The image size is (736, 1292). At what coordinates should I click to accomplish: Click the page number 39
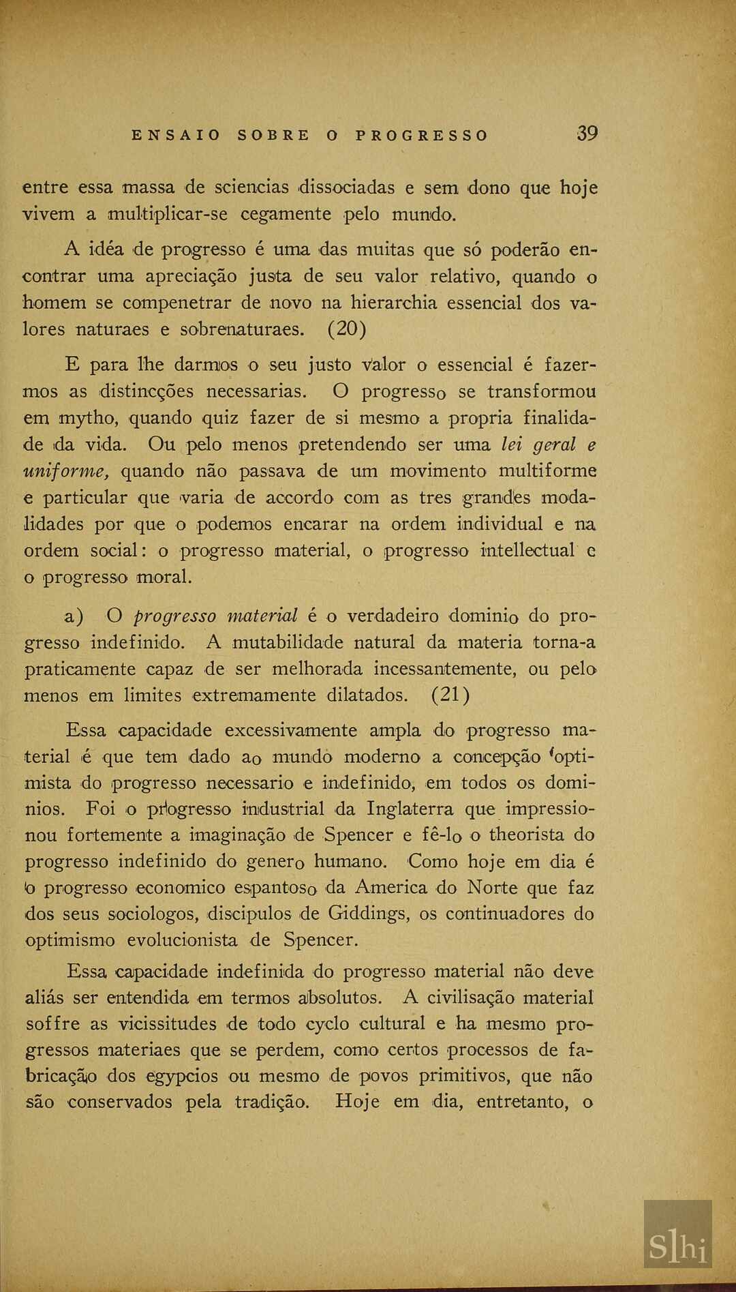click(587, 133)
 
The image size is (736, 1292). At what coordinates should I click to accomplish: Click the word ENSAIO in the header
click(176, 135)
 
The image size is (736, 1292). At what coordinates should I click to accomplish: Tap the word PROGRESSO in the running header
click(422, 135)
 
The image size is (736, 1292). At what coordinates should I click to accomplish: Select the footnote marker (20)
click(347, 329)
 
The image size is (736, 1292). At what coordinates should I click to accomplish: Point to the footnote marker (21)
click(450, 695)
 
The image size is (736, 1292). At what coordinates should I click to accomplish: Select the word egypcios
click(182, 1077)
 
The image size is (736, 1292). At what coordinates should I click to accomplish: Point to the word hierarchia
click(394, 302)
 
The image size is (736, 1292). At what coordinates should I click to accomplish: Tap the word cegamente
click(286, 214)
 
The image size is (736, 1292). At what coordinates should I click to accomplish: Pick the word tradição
click(272, 1102)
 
